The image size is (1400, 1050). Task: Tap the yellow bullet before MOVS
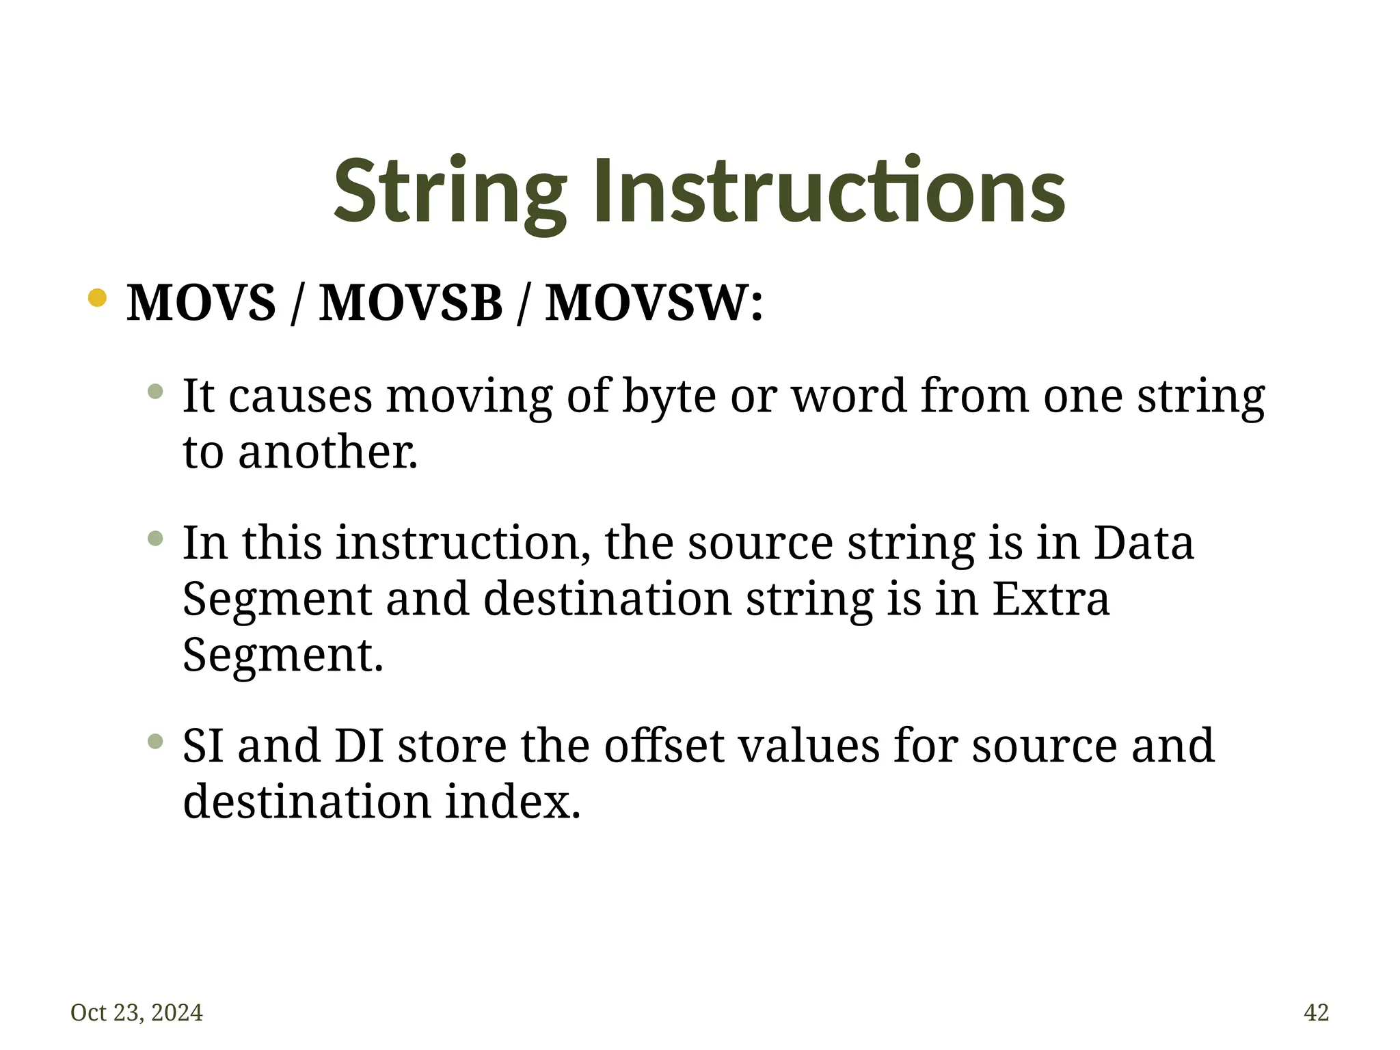[98, 298]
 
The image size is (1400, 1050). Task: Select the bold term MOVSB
[411, 302]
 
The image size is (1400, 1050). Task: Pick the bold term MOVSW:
[654, 302]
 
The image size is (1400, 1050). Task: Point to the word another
[327, 453]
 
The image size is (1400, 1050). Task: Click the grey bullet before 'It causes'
[156, 392]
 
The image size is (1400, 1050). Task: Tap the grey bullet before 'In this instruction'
[156, 539]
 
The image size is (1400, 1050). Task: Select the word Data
[1143, 543]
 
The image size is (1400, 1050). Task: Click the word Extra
[1050, 599]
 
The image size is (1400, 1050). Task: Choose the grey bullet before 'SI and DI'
[156, 741]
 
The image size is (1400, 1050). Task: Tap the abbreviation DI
[359, 746]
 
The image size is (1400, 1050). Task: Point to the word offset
[663, 746]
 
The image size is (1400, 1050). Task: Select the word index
[512, 802]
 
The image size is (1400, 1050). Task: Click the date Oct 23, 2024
[137, 1012]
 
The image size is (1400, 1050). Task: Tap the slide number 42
[1316, 1012]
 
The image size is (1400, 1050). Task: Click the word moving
[469, 396]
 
